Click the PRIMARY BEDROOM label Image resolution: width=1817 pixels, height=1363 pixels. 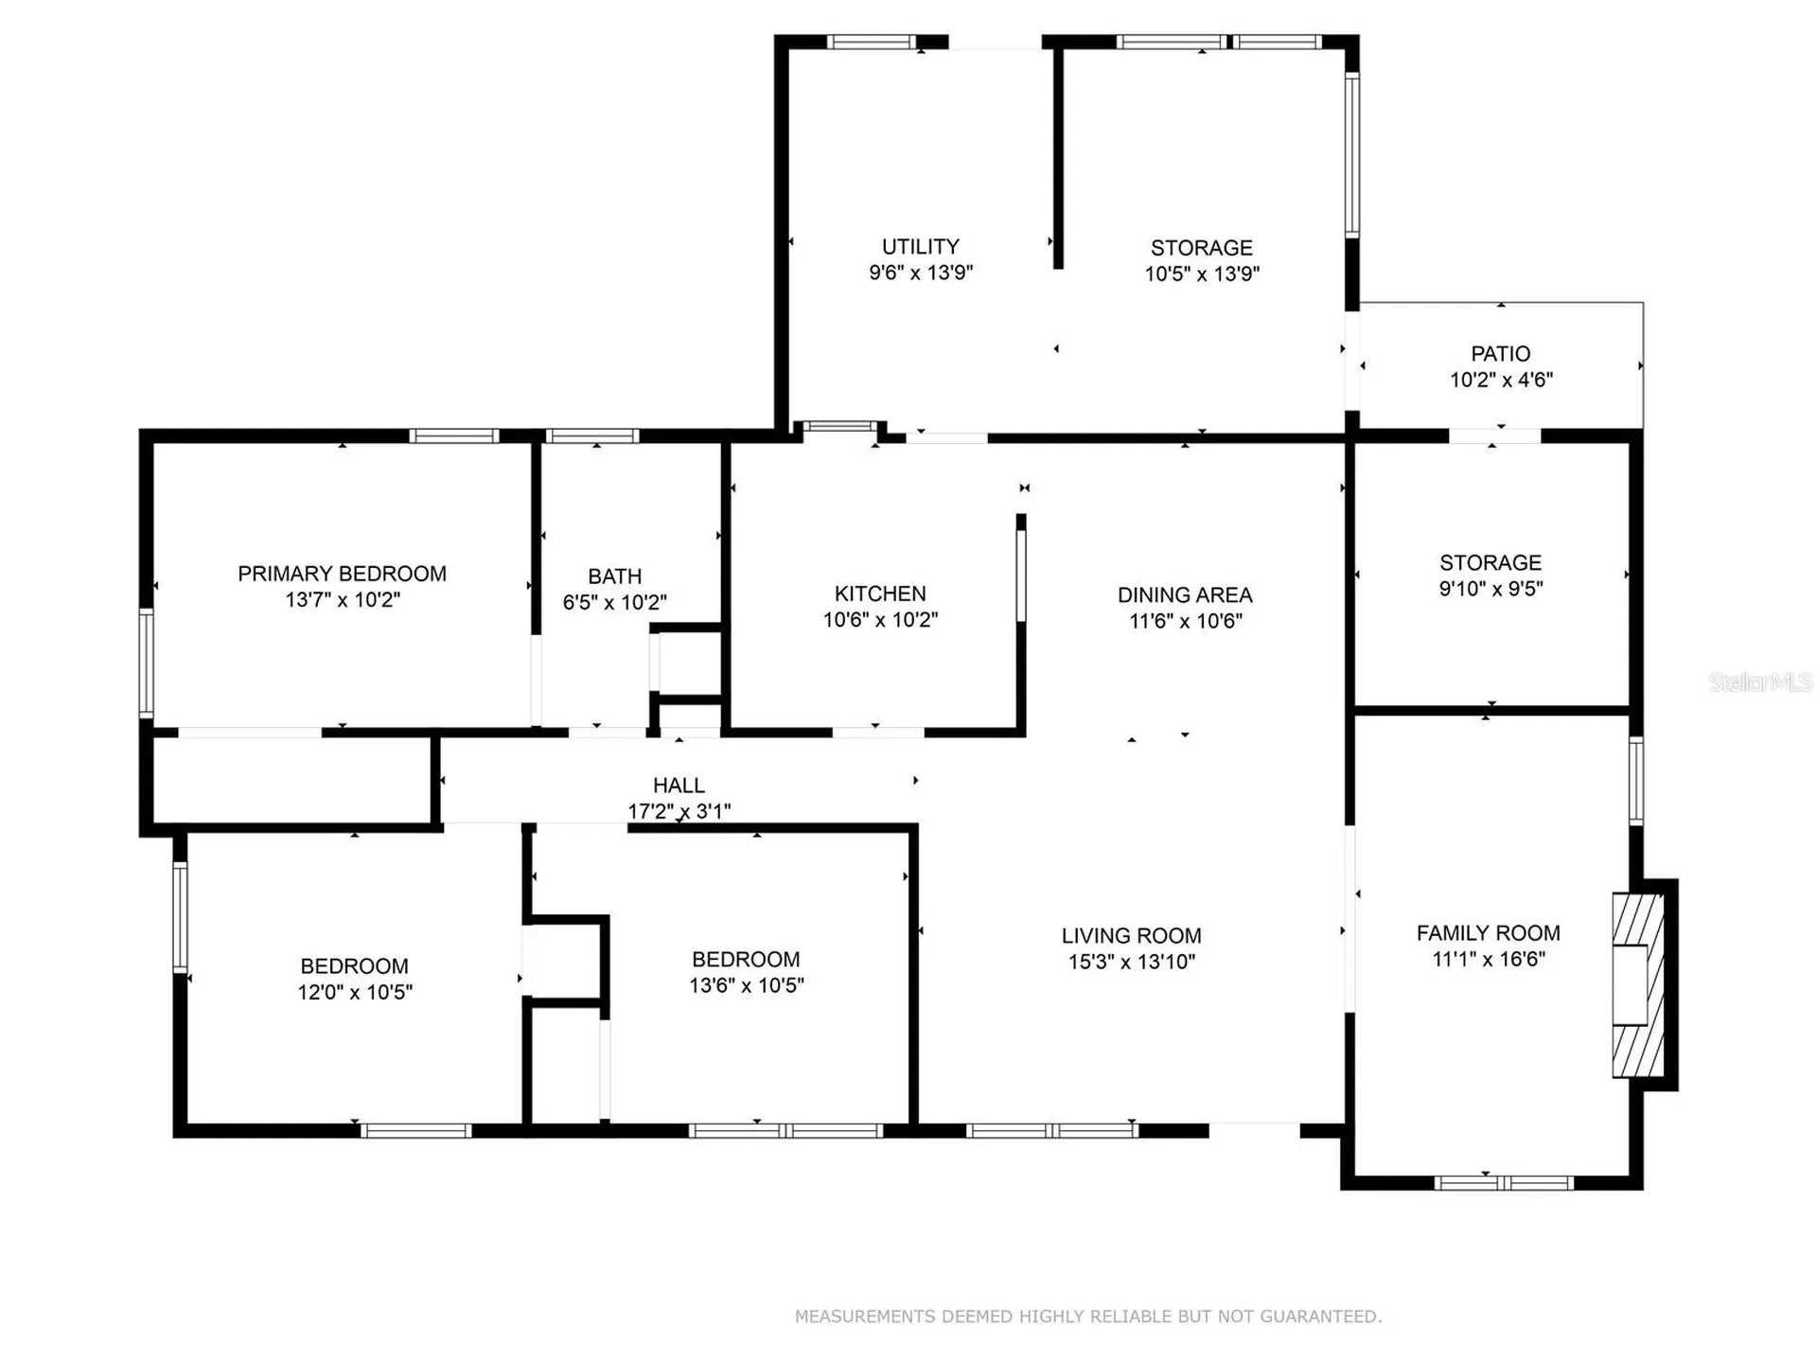pos(342,574)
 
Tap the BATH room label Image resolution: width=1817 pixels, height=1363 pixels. pos(615,576)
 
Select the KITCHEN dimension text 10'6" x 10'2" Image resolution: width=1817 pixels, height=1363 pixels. pos(880,620)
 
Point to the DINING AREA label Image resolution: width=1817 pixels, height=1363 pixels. pos(1185,595)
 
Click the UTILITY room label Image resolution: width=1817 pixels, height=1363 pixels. pos(921,247)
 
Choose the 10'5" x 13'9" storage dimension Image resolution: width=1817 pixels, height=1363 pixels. pos(1202,274)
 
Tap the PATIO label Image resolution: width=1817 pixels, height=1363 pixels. pos(1501,354)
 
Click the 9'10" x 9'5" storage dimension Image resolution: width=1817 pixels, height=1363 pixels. pos(1491,589)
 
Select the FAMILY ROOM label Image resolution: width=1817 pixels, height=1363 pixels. pos(1489,933)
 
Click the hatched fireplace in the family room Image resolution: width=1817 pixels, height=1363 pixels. pos(1638,985)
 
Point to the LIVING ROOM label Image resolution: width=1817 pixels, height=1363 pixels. pos(1132,936)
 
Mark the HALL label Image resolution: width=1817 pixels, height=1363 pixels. pos(679,786)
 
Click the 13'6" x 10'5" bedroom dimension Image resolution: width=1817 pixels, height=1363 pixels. pos(747,985)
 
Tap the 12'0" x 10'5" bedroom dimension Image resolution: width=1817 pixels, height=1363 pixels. pos(355,992)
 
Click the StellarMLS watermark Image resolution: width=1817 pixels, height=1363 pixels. pos(1760,681)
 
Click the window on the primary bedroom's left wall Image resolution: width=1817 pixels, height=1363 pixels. pos(147,663)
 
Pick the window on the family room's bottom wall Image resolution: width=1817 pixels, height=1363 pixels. pos(1504,1182)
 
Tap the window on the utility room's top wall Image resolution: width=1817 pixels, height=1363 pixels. pos(872,42)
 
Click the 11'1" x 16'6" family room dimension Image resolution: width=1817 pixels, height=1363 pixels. pos(1489,960)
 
